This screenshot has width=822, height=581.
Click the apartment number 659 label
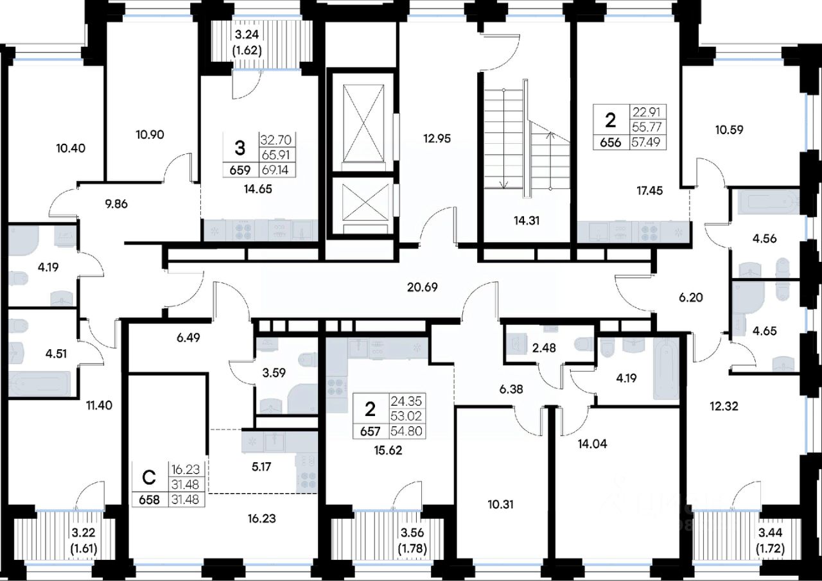(x=240, y=171)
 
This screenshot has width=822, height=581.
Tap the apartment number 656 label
(x=610, y=143)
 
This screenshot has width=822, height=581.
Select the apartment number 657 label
(x=370, y=431)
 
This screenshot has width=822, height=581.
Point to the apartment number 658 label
(x=150, y=500)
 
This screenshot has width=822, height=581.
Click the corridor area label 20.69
(x=423, y=287)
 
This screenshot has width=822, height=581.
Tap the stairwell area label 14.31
(x=527, y=221)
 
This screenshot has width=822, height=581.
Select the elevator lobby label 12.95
(x=437, y=139)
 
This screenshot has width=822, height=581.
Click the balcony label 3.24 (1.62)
(x=247, y=42)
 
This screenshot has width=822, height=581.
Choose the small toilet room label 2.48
(x=544, y=348)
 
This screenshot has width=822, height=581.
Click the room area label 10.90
(x=150, y=135)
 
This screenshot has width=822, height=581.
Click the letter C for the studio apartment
(x=148, y=478)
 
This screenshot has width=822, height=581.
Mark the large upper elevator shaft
(x=363, y=123)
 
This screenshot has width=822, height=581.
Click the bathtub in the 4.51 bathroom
(x=39, y=384)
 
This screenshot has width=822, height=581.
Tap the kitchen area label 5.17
(x=261, y=467)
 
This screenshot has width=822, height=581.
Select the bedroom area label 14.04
(x=592, y=444)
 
